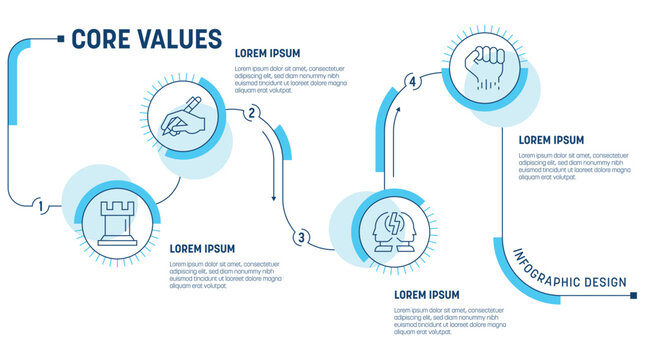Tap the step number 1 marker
tap(40, 207)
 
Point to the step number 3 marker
tap(300, 238)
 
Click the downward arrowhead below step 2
tap(274, 197)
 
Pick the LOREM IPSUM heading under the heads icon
tap(427, 295)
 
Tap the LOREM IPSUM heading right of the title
tap(267, 53)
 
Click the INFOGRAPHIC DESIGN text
tap(570, 272)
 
